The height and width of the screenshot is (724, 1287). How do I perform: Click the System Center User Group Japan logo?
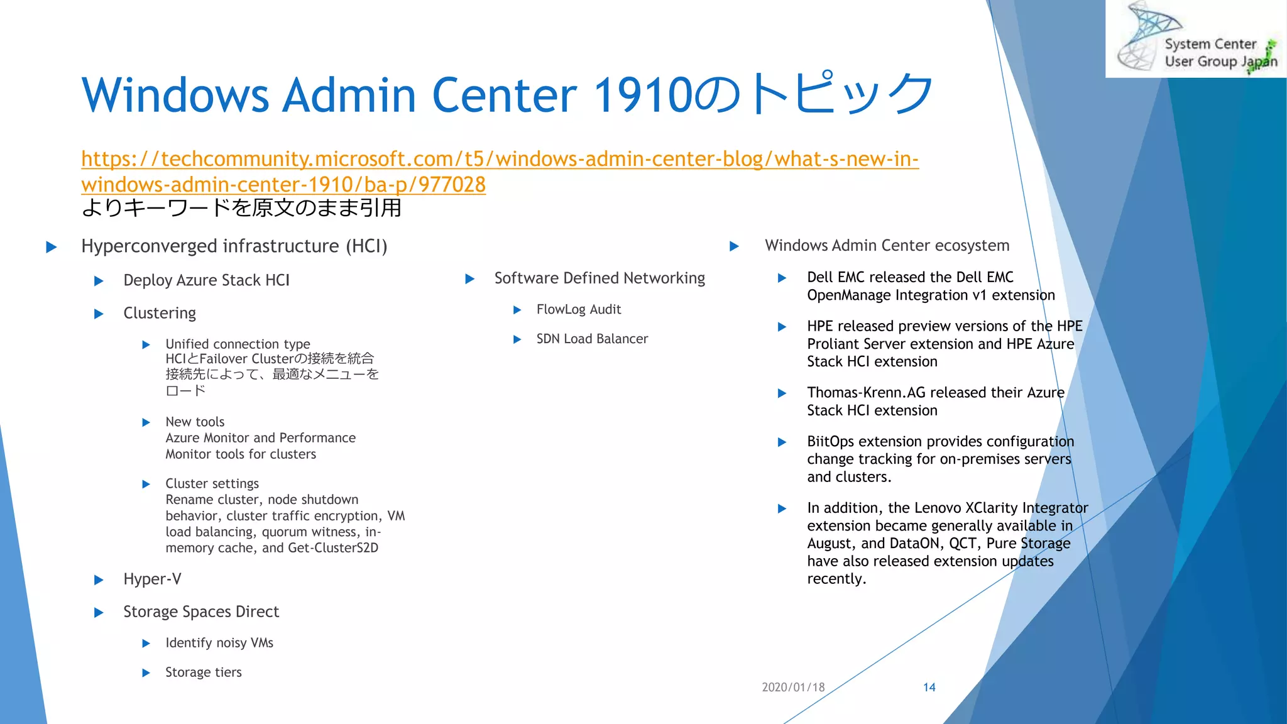[x=1197, y=39]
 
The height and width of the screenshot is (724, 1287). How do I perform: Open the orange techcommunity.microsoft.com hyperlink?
[x=500, y=159]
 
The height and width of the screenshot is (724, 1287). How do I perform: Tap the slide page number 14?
[x=929, y=687]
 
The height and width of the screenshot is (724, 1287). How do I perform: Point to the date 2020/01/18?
[x=793, y=687]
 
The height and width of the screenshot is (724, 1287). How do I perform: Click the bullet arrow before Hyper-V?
[x=99, y=579]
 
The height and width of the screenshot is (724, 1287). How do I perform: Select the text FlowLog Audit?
[x=578, y=309]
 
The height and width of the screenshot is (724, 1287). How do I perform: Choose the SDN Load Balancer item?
[x=592, y=339]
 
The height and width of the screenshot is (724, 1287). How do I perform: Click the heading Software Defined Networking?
[x=600, y=278]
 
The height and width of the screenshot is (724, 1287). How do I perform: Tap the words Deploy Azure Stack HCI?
[x=206, y=280]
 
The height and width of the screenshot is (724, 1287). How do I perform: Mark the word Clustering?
[x=160, y=313]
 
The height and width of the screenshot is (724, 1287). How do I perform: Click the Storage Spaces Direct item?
[x=201, y=612]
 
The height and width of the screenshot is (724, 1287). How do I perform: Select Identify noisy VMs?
[x=219, y=642]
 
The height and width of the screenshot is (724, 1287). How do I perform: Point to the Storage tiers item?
[x=203, y=672]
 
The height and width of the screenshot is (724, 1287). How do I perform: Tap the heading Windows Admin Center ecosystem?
[x=887, y=245]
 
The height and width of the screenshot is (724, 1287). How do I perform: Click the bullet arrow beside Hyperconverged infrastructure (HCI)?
[x=52, y=246]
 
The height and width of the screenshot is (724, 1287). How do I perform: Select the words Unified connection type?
[x=238, y=344]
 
